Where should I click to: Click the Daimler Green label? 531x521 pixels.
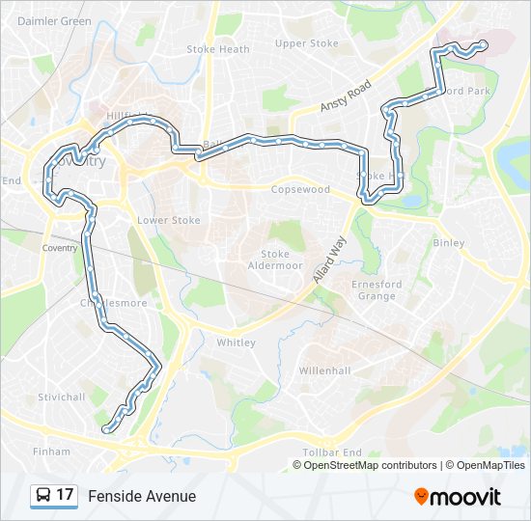(54, 20)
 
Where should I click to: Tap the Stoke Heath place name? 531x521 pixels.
(217, 49)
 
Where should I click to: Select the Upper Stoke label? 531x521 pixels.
(306, 43)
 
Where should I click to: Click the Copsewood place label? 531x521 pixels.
(300, 190)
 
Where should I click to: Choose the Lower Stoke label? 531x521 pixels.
(169, 220)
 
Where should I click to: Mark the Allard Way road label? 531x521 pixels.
(329, 259)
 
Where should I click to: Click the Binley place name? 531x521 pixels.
(449, 243)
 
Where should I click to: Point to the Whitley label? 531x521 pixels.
(236, 343)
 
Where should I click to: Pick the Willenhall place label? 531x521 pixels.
(324, 370)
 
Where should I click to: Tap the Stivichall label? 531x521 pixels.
(62, 397)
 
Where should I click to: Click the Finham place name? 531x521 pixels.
(51, 451)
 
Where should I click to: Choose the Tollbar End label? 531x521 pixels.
(331, 452)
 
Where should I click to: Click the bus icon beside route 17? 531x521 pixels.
(43, 496)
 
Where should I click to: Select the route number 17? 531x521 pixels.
(65, 496)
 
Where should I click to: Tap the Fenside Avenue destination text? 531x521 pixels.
(142, 496)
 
